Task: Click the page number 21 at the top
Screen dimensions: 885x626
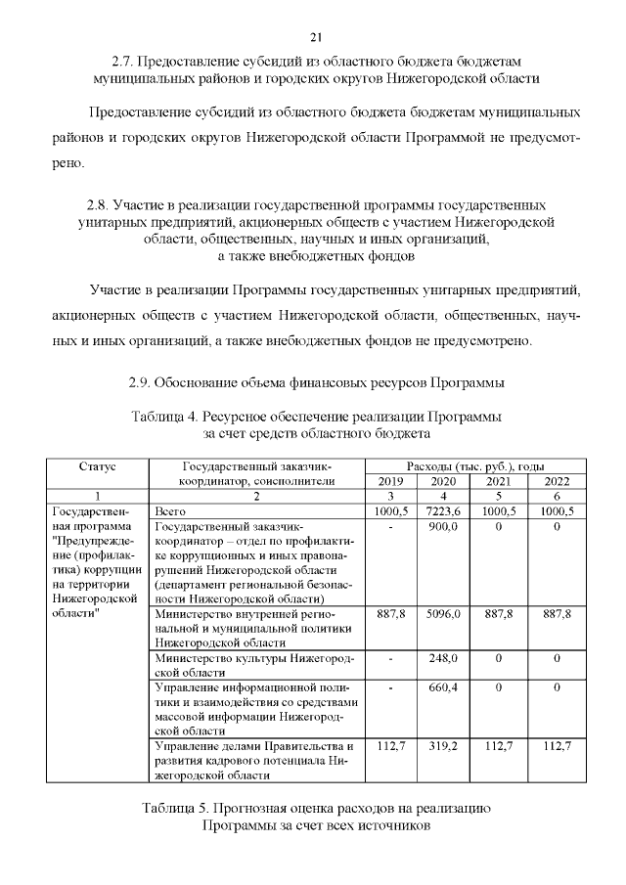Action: [315, 37]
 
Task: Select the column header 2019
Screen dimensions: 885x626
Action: [391, 480]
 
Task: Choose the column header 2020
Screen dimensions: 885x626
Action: [444, 480]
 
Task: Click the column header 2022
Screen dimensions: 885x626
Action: [556, 480]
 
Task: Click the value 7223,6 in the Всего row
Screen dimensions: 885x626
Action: [444, 510]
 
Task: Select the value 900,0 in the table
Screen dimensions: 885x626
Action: [444, 526]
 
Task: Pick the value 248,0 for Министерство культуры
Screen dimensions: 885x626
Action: [444, 659]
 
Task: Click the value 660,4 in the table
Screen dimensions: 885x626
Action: [444, 688]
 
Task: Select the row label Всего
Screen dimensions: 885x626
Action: [172, 510]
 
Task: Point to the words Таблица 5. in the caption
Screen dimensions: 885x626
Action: [174, 808]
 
